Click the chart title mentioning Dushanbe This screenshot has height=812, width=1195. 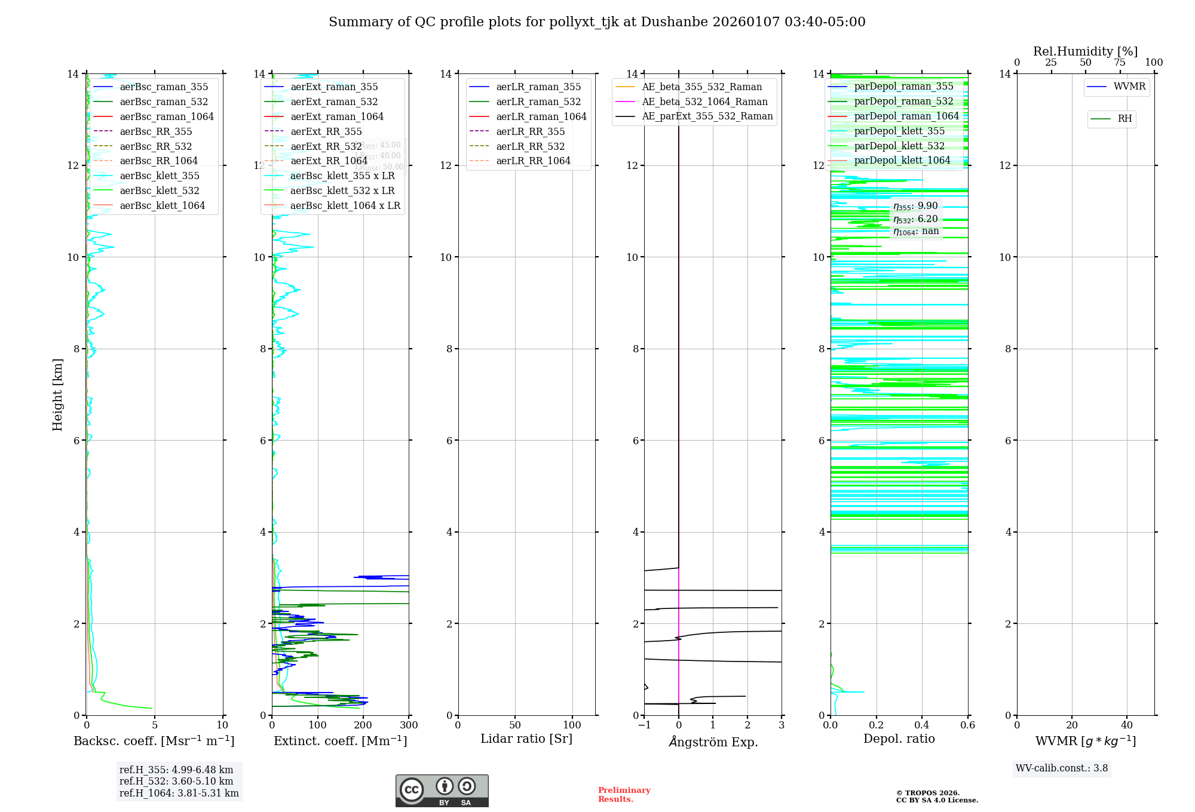tap(597, 22)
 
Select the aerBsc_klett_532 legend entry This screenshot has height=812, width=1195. tap(160, 190)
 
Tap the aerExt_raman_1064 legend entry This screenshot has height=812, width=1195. tap(337, 116)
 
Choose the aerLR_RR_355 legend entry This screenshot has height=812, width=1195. tap(530, 131)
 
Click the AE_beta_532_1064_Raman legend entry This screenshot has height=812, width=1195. tap(704, 101)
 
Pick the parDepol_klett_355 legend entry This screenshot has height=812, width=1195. tap(899, 131)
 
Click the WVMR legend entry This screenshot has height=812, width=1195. tap(1129, 87)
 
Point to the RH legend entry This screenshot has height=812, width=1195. tap(1124, 119)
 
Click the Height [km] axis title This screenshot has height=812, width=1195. tap(57, 394)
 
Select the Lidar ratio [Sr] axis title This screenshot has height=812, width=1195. tap(526, 739)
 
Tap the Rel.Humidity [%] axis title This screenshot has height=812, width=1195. tap(1085, 51)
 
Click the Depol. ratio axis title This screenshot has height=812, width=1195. tap(899, 739)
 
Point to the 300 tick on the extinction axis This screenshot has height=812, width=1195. tap(409, 725)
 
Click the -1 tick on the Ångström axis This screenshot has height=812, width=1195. tap(644, 725)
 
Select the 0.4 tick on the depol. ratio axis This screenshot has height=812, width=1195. tap(922, 725)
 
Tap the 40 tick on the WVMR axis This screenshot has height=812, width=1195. tap(1127, 725)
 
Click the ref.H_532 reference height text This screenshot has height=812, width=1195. tap(176, 781)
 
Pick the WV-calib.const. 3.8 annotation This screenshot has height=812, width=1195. tap(1062, 768)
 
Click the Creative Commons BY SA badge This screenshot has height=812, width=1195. tap(442, 791)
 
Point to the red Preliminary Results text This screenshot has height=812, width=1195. tap(624, 795)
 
